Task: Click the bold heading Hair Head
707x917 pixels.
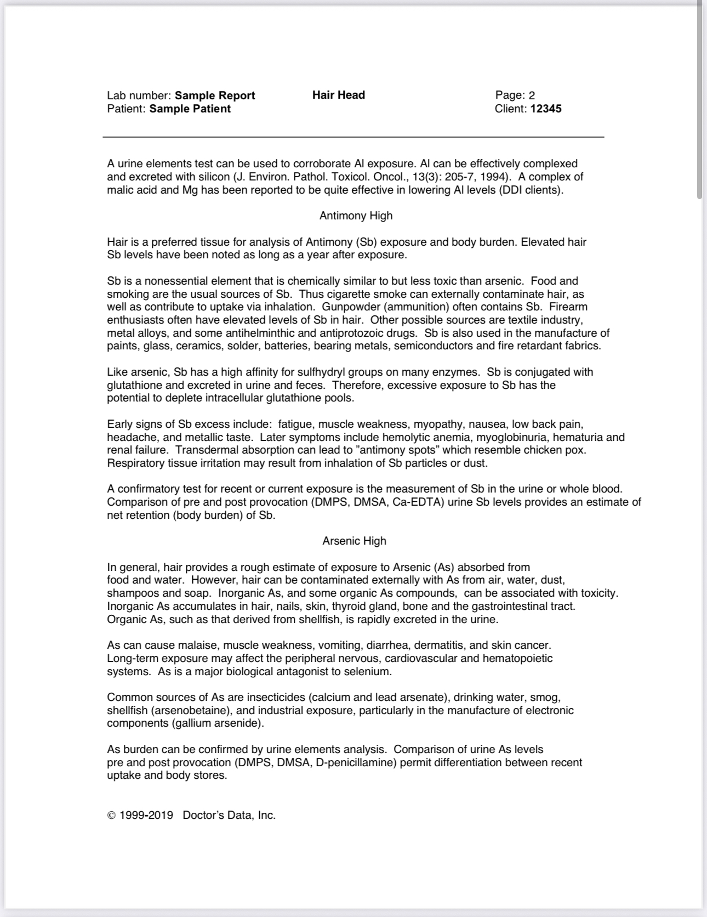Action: click(x=338, y=95)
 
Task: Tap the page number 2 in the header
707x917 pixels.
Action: click(x=532, y=95)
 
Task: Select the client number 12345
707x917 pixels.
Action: click(x=546, y=109)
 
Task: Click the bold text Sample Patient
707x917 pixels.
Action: click(x=190, y=109)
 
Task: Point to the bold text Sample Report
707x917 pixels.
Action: click(x=215, y=95)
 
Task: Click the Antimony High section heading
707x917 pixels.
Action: click(x=356, y=216)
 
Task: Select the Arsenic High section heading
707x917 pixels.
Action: click(x=354, y=541)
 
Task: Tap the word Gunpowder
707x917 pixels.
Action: click(x=348, y=307)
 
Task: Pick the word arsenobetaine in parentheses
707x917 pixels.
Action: click(x=189, y=710)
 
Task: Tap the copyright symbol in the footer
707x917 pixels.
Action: click(x=111, y=816)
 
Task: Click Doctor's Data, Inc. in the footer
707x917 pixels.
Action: click(x=229, y=815)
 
